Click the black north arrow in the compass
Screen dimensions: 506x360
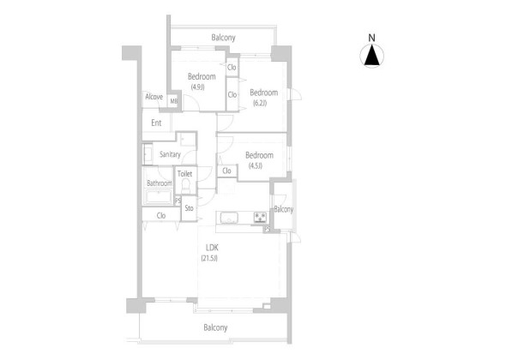click(x=372, y=55)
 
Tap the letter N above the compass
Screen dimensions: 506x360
click(x=371, y=38)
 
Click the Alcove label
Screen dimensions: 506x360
click(x=154, y=97)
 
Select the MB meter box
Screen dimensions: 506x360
click(x=174, y=101)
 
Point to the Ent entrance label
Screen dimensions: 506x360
click(x=156, y=123)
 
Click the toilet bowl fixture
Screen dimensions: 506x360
click(x=185, y=186)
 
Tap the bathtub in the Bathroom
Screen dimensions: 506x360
click(x=159, y=197)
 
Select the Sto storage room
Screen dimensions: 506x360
click(x=190, y=208)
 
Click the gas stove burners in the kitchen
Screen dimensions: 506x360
click(x=260, y=217)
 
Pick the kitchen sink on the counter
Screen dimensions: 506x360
click(x=230, y=218)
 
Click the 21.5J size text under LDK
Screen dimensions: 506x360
click(x=209, y=258)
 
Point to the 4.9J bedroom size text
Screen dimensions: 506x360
click(x=197, y=87)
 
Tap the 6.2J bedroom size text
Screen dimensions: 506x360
click(x=260, y=103)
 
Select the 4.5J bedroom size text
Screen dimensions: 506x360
click(x=256, y=165)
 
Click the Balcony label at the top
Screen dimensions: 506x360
click(x=223, y=38)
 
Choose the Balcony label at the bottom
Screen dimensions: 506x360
click(x=215, y=327)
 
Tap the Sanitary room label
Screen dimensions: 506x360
click(x=170, y=154)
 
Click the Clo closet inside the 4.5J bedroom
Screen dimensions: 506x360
click(x=227, y=171)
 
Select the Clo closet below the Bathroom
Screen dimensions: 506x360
click(x=161, y=215)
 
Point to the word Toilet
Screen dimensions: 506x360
click(x=185, y=174)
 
